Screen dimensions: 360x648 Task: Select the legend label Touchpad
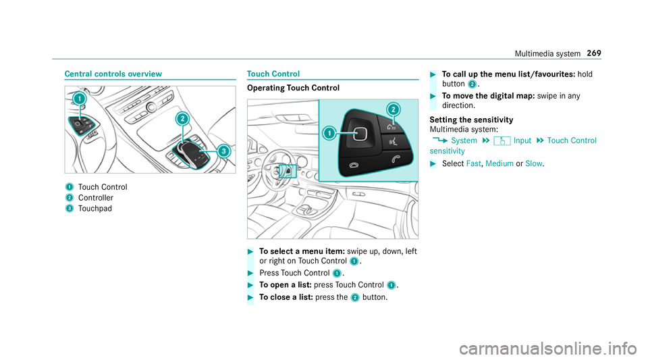pos(96,209)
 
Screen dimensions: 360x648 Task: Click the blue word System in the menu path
pos(464,140)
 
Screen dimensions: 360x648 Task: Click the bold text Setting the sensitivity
pos(470,120)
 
